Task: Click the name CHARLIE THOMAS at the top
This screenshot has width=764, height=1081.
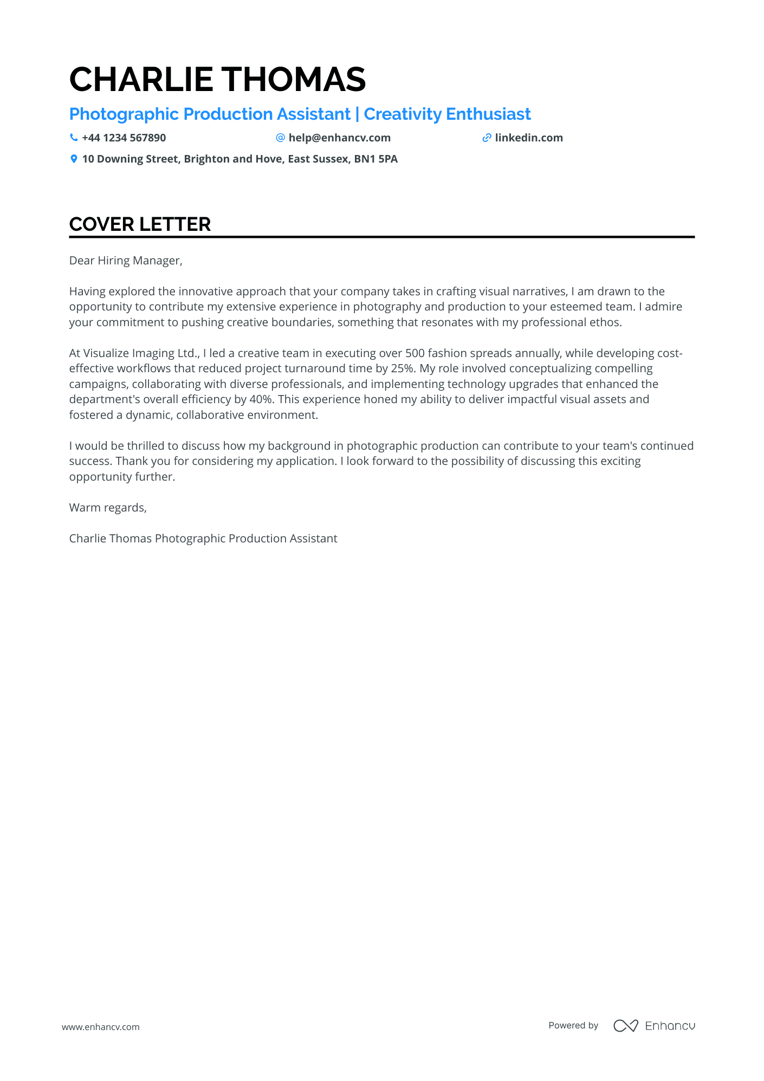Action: (x=217, y=80)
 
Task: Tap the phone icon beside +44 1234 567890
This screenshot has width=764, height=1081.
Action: (x=74, y=138)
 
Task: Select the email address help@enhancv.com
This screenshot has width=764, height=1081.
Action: (x=339, y=138)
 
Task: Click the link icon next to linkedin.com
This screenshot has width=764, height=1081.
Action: (x=487, y=138)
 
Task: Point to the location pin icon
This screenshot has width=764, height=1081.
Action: (x=74, y=159)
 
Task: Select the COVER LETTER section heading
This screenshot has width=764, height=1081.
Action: (x=140, y=224)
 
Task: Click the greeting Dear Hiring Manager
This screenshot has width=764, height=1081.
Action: (x=126, y=261)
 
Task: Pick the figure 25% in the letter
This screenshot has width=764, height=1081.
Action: (x=402, y=368)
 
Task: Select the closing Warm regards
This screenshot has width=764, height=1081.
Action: (x=108, y=508)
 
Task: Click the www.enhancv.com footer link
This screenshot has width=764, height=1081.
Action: (x=101, y=1027)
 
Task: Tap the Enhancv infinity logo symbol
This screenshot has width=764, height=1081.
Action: (x=625, y=1025)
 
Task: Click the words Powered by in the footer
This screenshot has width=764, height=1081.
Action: (x=573, y=1025)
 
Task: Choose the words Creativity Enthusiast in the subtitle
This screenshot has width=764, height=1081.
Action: (x=447, y=114)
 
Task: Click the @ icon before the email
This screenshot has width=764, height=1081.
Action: (x=280, y=138)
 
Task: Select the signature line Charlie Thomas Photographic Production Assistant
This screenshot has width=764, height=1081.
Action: (x=203, y=539)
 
